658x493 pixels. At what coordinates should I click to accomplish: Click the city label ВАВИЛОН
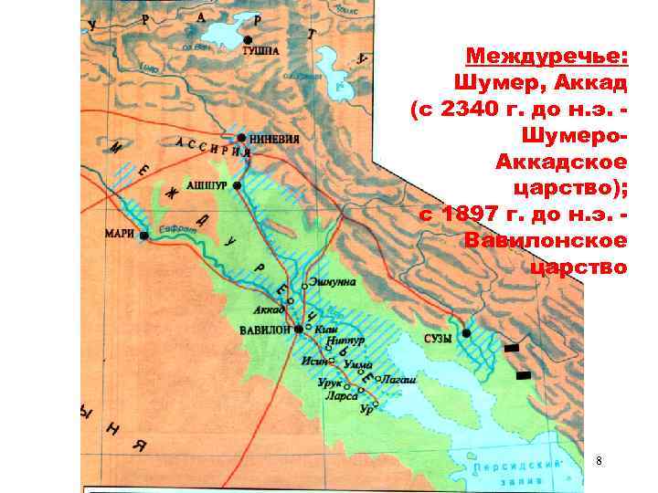point(263,329)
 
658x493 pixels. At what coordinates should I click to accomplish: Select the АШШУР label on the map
point(207,184)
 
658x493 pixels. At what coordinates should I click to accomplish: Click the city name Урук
point(329,383)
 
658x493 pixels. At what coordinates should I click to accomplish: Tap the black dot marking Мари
point(144,235)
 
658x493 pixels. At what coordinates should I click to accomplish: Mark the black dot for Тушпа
point(246,39)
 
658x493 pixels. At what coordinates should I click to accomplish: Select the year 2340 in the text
point(472,109)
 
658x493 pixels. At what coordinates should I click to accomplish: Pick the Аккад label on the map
point(267,309)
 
